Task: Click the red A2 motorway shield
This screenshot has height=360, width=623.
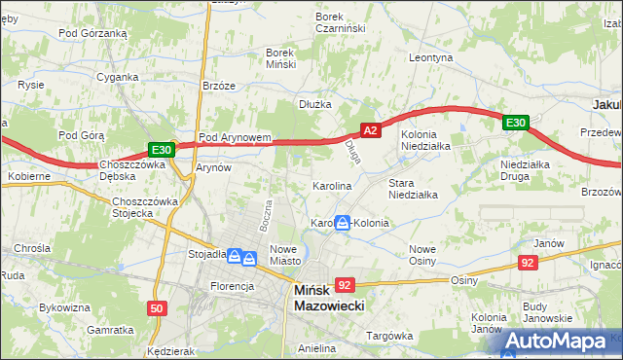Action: pyautogui.click(x=369, y=129)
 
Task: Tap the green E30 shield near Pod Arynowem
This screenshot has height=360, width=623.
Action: pyautogui.click(x=162, y=150)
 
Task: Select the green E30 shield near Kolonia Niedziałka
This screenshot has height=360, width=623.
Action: pyautogui.click(x=516, y=123)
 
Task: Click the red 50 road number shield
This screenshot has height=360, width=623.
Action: pyautogui.click(x=157, y=308)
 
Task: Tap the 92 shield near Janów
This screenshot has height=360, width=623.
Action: pyautogui.click(x=528, y=262)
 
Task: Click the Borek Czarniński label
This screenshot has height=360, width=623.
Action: pyautogui.click(x=340, y=22)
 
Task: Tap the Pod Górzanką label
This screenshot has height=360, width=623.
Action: pyautogui.click(x=92, y=32)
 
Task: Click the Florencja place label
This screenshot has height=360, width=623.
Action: pyautogui.click(x=233, y=286)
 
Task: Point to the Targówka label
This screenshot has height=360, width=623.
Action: pyautogui.click(x=389, y=336)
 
